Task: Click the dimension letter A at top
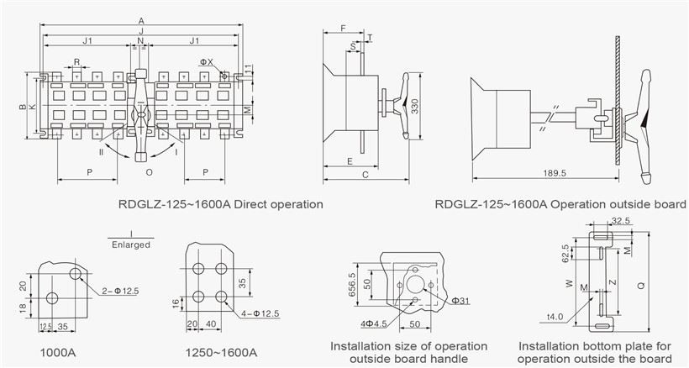pyautogui.click(x=140, y=21)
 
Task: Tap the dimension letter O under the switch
pyautogui.click(x=149, y=172)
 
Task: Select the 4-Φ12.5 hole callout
pyautogui.click(x=260, y=313)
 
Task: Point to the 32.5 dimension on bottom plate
pyautogui.click(x=622, y=221)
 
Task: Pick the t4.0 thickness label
pyautogui.click(x=555, y=318)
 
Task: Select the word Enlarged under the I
pyautogui.click(x=131, y=245)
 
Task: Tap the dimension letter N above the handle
pyautogui.click(x=140, y=41)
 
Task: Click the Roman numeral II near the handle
pyautogui.click(x=101, y=153)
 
